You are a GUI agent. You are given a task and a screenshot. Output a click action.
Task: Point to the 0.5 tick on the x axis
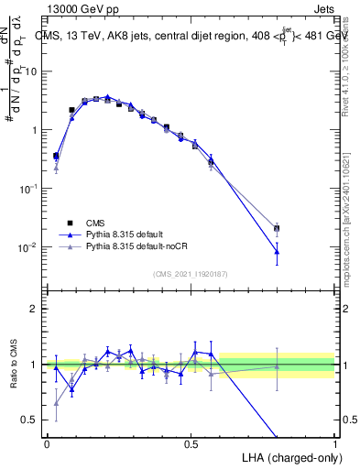191,442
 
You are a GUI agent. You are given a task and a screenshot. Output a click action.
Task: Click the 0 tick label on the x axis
47,442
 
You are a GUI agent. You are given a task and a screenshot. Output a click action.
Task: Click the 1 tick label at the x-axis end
334,442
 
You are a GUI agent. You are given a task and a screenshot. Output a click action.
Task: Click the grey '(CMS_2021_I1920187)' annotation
191,274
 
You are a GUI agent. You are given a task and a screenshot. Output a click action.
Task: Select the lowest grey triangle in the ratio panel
57,402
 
